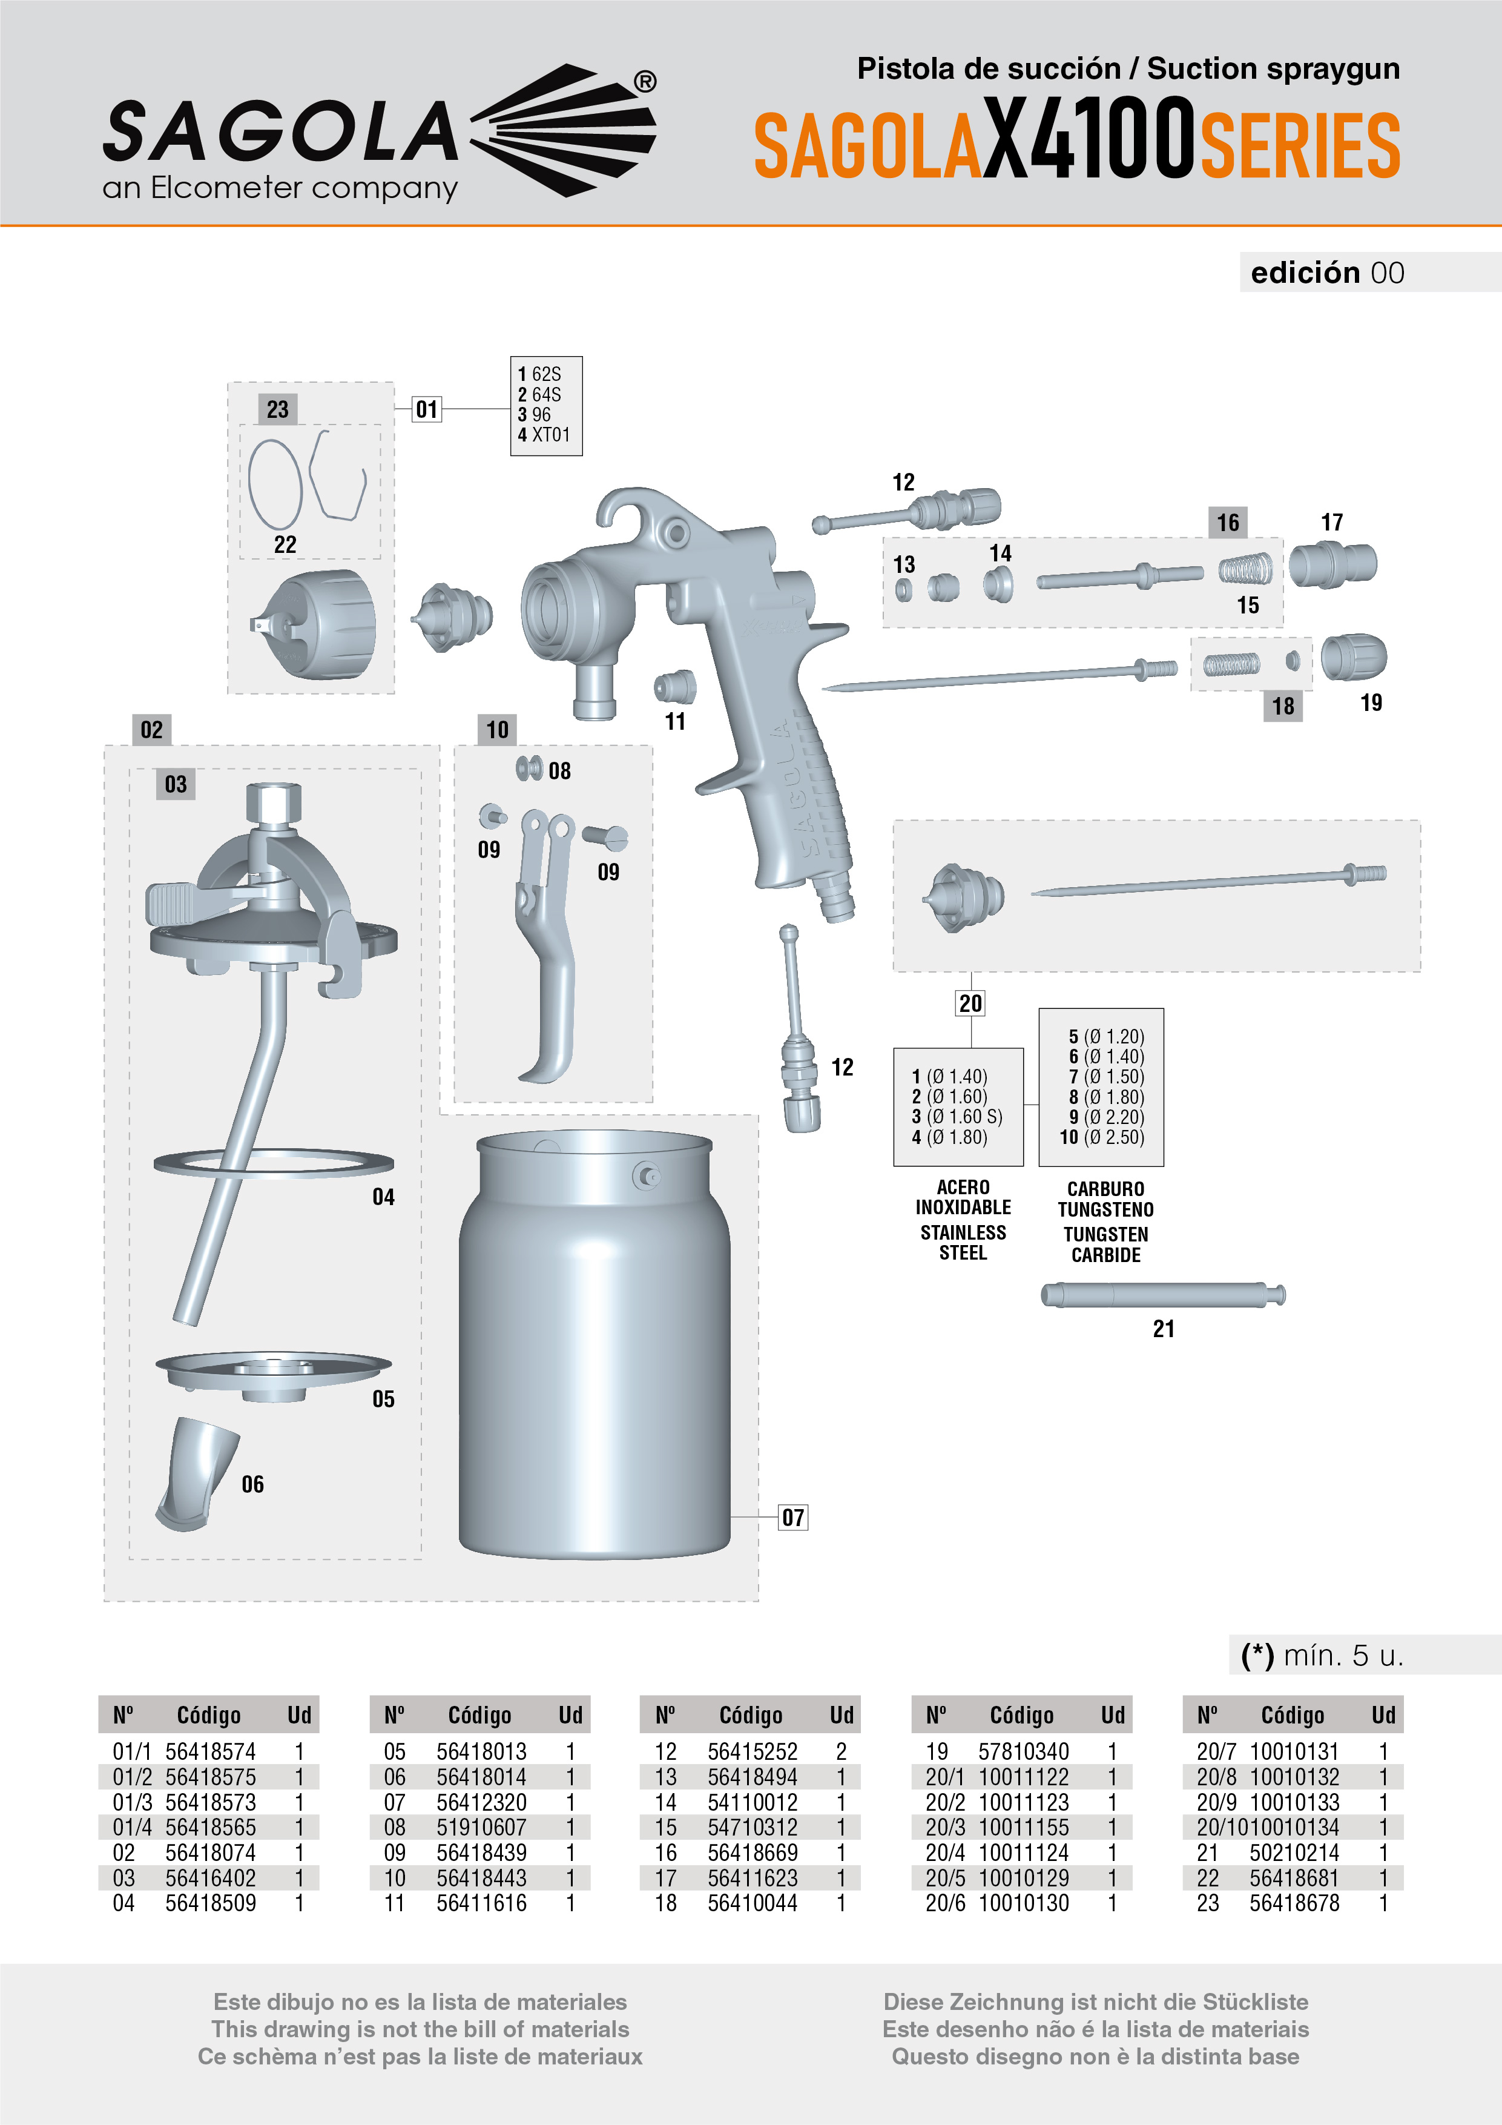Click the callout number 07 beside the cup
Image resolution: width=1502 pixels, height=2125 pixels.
(793, 1517)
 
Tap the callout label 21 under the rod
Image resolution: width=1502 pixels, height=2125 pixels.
(1164, 1329)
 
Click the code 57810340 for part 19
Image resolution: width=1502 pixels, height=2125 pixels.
(1023, 1751)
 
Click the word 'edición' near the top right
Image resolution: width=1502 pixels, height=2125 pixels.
(1305, 273)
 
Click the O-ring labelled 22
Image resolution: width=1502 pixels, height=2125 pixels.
(275, 483)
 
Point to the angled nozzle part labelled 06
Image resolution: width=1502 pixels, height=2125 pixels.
(194, 1473)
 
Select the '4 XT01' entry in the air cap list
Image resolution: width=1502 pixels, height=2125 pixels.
(544, 435)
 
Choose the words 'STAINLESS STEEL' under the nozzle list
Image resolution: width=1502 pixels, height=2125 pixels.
(963, 1242)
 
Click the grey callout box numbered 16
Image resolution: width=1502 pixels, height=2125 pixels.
(1227, 523)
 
